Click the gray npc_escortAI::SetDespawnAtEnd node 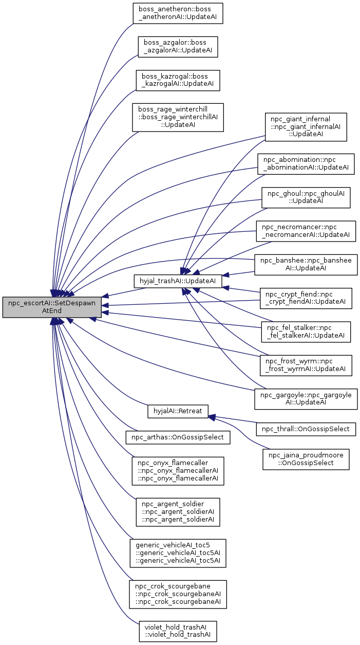pyautogui.click(x=52, y=307)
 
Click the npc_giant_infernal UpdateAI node pyautogui.click(x=306, y=127)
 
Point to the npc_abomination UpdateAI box pyautogui.click(x=306, y=164)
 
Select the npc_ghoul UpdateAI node pyautogui.click(x=306, y=197)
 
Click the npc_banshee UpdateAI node pyautogui.click(x=306, y=265)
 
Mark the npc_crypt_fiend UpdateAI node pyautogui.click(x=306, y=298)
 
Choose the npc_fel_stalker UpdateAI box pyautogui.click(x=306, y=331)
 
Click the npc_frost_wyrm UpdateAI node pyautogui.click(x=306, y=365)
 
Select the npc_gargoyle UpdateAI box pyautogui.click(x=306, y=399)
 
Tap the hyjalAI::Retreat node pyautogui.click(x=177, y=411)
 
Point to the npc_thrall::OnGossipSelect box pyautogui.click(x=306, y=429)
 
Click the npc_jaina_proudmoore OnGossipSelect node pyautogui.click(x=306, y=458)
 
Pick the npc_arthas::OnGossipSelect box pyautogui.click(x=177, y=437)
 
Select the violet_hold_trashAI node pyautogui.click(x=177, y=631)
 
